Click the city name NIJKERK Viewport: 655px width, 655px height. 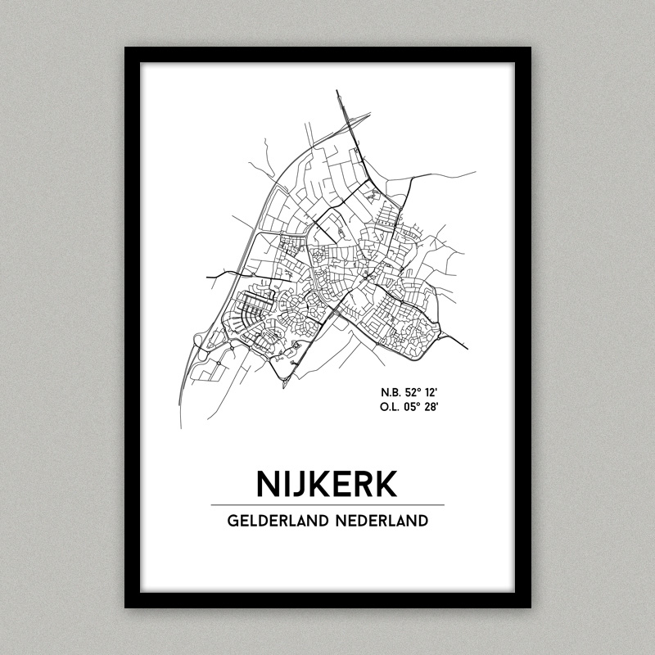327,483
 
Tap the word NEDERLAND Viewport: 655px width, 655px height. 382,521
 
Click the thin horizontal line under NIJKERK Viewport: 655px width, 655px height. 327,505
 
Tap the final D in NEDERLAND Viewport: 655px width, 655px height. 422,521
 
